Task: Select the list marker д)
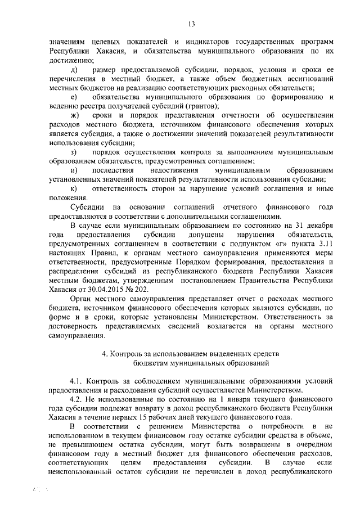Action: (73, 69)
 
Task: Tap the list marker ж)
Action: (74, 115)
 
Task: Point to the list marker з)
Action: (73, 152)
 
